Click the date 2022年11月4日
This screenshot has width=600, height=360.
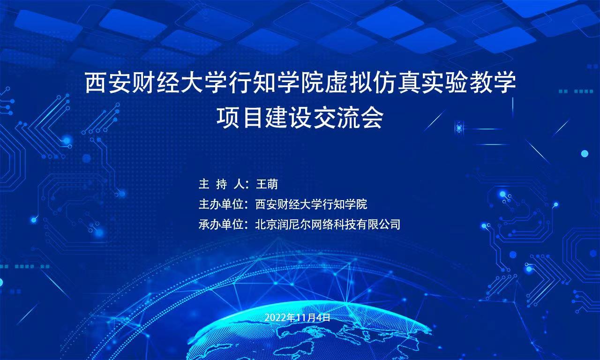click(297, 318)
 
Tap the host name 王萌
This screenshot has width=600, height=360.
click(267, 184)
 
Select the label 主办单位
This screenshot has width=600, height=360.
click(221, 204)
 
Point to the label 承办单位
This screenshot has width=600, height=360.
click(221, 225)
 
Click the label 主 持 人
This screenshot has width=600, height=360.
click(221, 184)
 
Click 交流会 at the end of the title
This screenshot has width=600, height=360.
click(348, 118)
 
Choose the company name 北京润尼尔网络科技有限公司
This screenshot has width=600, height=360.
click(328, 225)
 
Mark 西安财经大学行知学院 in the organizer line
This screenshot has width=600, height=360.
click(311, 204)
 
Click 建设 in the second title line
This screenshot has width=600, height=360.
click(288, 118)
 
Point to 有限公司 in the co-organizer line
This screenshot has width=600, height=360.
click(378, 225)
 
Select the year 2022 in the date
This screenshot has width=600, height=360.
click(276, 318)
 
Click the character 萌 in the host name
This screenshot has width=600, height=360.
click(273, 184)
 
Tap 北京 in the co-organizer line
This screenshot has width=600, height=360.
click(266, 225)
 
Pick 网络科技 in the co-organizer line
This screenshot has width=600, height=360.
click(333, 225)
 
